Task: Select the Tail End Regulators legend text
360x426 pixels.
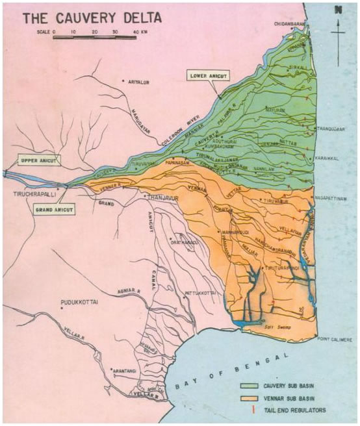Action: pos(300,410)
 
